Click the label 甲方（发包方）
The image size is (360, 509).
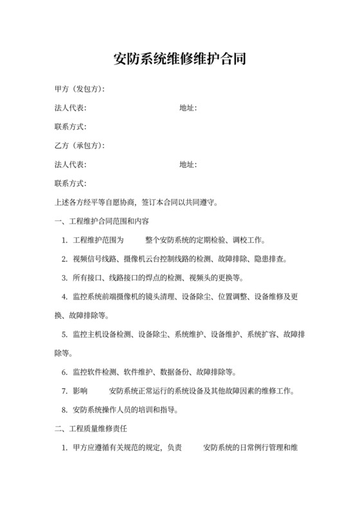point(80,89)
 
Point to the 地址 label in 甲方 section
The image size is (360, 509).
point(188,108)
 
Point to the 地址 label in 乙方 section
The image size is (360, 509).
point(188,165)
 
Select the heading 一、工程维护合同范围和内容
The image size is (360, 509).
point(103,222)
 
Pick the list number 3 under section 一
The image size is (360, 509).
point(65,278)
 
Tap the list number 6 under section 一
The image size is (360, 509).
point(65,372)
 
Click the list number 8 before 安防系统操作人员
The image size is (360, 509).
point(65,409)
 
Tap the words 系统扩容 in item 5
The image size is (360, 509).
point(262,334)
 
